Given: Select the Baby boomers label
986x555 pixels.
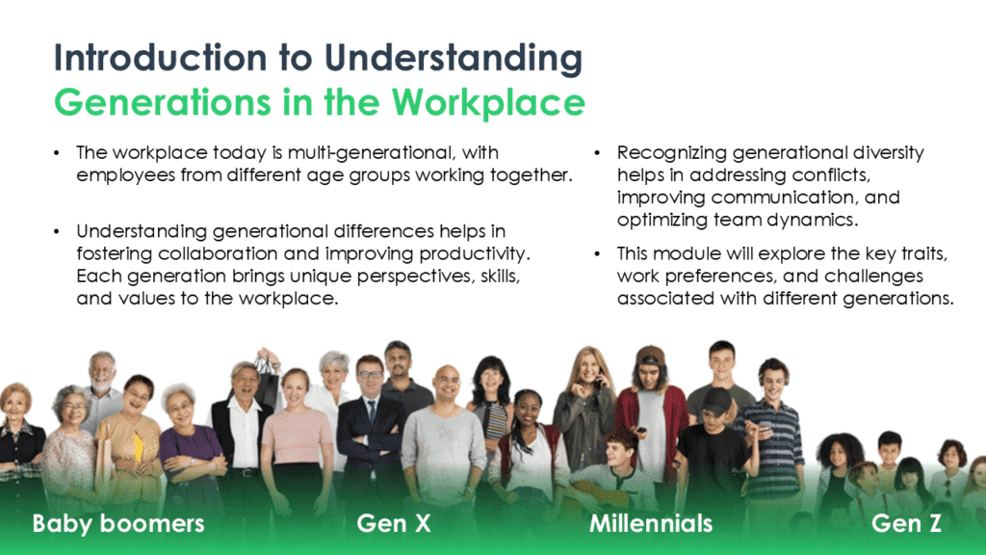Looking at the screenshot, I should (118, 523).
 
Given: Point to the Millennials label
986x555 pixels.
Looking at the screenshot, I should (651, 523).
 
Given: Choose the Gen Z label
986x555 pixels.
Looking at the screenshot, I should (906, 523).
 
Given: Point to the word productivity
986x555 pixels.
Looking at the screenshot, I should (480, 254).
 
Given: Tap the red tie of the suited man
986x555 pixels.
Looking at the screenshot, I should (371, 411).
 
